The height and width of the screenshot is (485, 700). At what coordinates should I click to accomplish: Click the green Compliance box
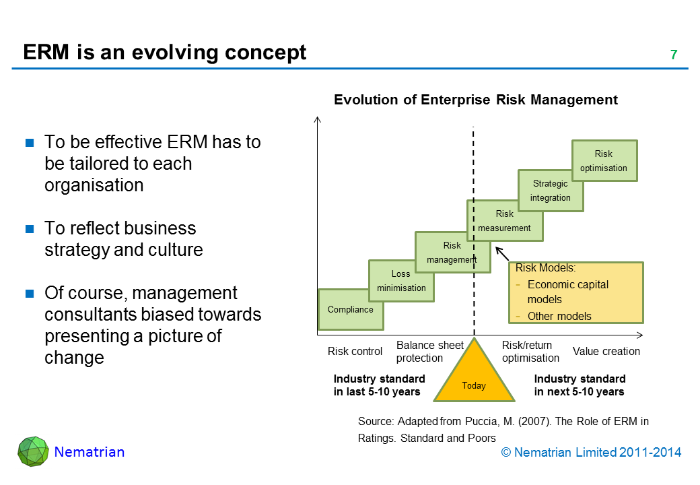pyautogui.click(x=351, y=309)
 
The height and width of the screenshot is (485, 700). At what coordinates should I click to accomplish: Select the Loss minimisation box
pyautogui.click(x=401, y=281)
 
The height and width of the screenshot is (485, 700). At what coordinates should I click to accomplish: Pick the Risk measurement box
pyautogui.click(x=505, y=220)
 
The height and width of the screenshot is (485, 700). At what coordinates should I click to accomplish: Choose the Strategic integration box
pyautogui.click(x=551, y=190)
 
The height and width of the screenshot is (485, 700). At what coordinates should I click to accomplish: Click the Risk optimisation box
pyautogui.click(x=604, y=161)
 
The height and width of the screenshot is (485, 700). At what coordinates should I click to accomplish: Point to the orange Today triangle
pyautogui.click(x=474, y=380)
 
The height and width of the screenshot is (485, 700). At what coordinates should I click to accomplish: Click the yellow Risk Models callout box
pyautogui.click(x=575, y=292)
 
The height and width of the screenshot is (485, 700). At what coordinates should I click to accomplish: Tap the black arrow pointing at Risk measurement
pyautogui.click(x=501, y=254)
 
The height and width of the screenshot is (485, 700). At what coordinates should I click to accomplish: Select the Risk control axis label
pyautogui.click(x=355, y=351)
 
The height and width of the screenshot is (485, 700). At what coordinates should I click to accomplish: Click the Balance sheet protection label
pyautogui.click(x=429, y=352)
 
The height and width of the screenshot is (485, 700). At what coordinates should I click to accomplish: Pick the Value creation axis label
pyautogui.click(x=606, y=351)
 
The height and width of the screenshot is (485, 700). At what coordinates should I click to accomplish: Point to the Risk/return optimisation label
pyautogui.click(x=530, y=352)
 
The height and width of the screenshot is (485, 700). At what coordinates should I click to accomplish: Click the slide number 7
pyautogui.click(x=673, y=55)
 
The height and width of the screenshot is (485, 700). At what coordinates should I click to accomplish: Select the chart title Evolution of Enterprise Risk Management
pyautogui.click(x=476, y=100)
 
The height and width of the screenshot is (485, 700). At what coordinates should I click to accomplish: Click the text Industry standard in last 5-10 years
pyautogui.click(x=380, y=385)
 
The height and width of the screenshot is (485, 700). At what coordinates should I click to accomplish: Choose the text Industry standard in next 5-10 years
pyautogui.click(x=580, y=385)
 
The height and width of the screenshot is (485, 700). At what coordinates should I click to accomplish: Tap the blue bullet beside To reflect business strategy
pyautogui.click(x=30, y=229)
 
